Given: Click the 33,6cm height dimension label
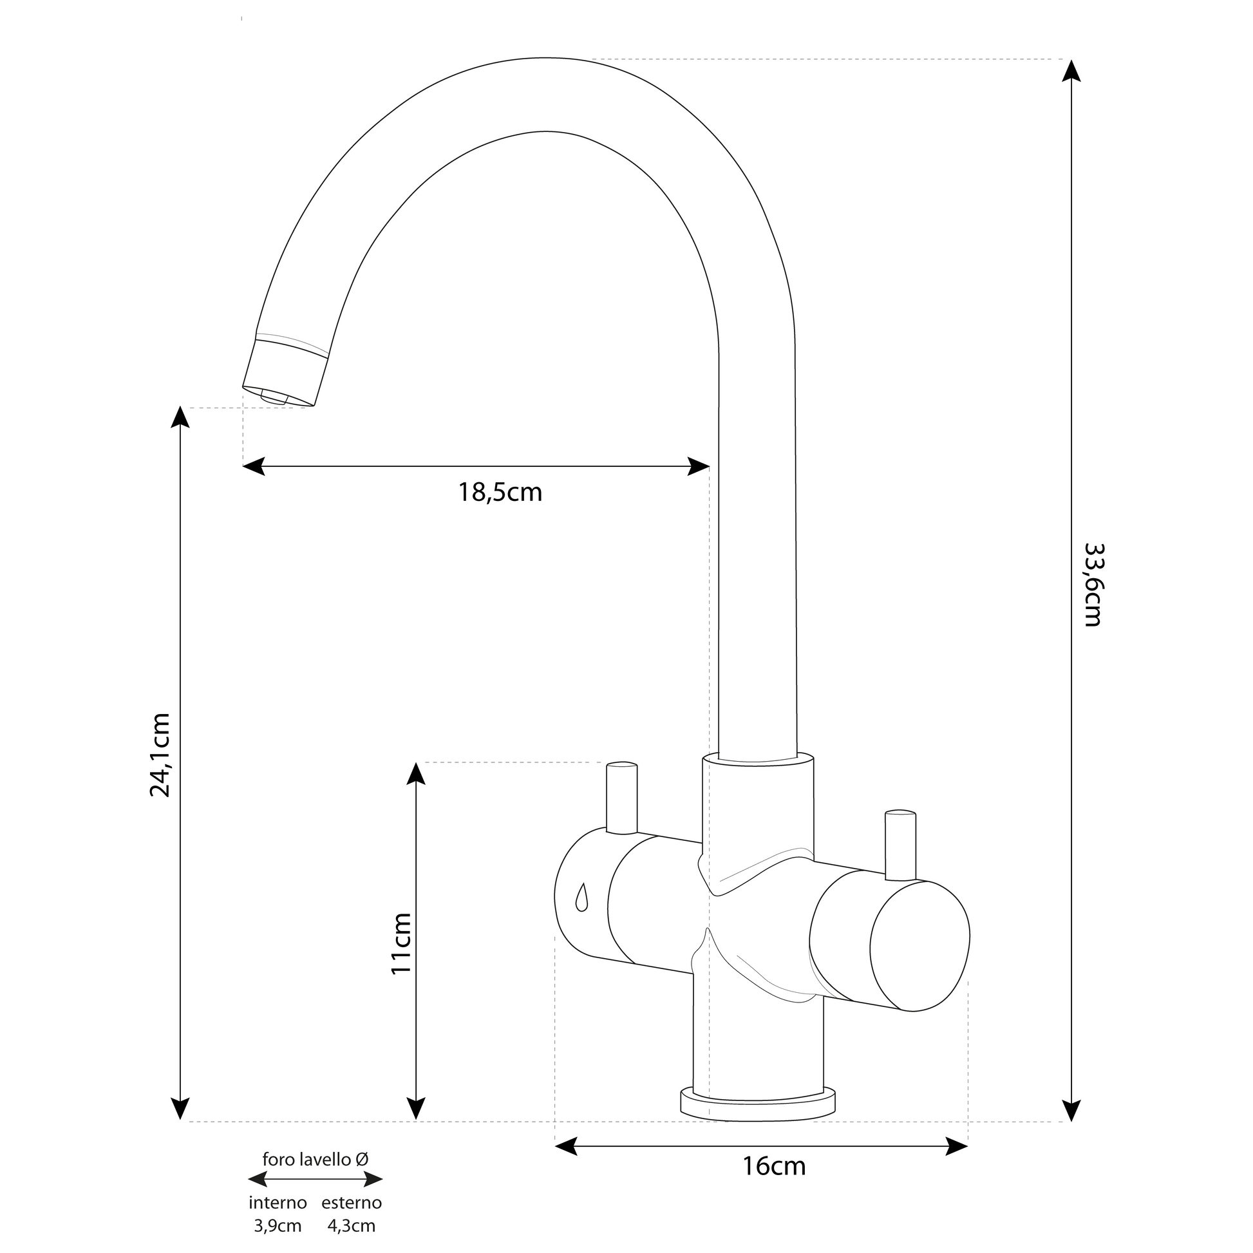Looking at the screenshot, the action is [x=1093, y=585].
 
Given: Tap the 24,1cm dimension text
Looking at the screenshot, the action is [x=160, y=755].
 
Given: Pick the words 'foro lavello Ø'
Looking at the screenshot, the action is [x=316, y=1160].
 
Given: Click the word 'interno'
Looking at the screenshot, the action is [x=278, y=1203].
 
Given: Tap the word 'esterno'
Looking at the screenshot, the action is [x=352, y=1203].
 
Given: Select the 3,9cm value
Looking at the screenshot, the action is [x=278, y=1227].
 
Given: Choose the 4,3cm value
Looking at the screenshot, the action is [x=352, y=1227].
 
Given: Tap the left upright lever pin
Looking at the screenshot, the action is [x=621, y=798].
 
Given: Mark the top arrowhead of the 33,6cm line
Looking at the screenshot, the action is [x=1071, y=71].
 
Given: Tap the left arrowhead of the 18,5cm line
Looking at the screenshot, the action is [x=254, y=466].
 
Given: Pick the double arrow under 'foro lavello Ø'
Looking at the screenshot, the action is [x=316, y=1180].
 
